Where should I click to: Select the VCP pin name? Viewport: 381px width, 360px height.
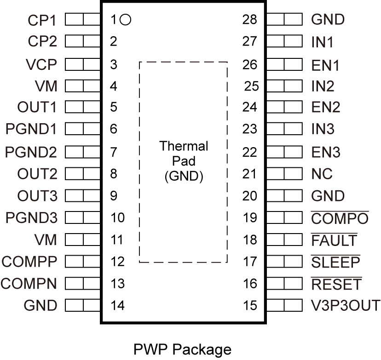click(x=41, y=64)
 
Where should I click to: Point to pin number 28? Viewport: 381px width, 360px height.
click(x=250, y=20)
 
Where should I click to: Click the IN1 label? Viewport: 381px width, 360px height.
click(x=322, y=42)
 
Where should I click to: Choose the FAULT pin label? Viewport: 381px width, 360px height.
click(x=334, y=240)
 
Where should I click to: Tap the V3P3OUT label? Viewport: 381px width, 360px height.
click(x=346, y=305)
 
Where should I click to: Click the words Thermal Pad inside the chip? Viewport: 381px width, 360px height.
click(x=184, y=154)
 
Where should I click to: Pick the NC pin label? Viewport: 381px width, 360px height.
click(x=322, y=174)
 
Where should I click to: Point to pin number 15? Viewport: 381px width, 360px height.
click(x=250, y=305)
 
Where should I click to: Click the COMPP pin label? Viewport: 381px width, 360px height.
click(x=29, y=262)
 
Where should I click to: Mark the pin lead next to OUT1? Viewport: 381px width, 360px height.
click(x=83, y=108)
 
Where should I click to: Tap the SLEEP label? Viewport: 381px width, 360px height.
click(x=335, y=262)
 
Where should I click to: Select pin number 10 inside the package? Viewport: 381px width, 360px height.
click(x=118, y=217)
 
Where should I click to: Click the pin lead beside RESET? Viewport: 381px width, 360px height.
click(x=284, y=284)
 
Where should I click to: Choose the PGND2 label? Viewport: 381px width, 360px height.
click(x=31, y=152)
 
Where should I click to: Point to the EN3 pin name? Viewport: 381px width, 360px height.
click(x=326, y=152)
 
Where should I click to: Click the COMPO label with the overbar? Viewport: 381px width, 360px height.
click(x=340, y=218)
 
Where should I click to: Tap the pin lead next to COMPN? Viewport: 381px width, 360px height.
click(x=83, y=283)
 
